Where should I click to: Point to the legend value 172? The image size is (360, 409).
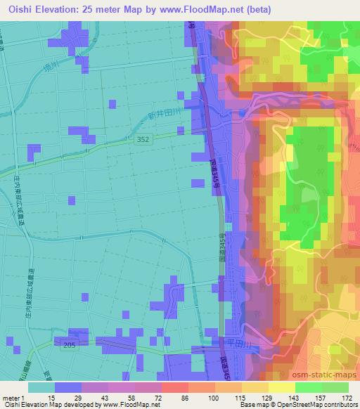coord(347,397)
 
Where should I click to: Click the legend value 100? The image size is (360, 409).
coord(214,397)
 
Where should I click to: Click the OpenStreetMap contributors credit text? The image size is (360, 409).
coord(312,405)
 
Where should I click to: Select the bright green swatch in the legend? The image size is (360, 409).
coord(308,387)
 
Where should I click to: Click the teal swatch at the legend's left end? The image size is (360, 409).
coord(41,387)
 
